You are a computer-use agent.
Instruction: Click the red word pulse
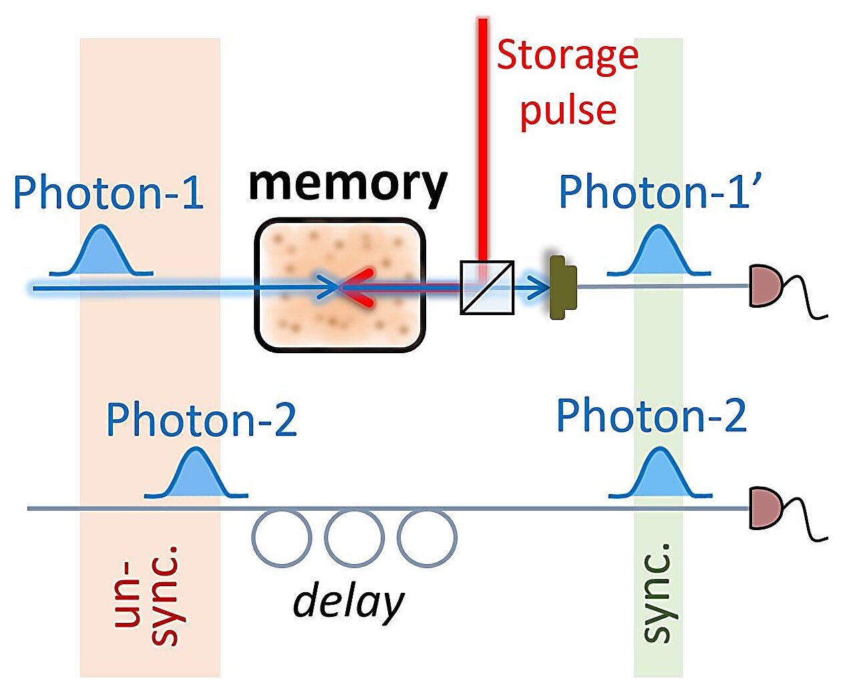click(568, 110)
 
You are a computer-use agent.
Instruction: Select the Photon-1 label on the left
click(108, 194)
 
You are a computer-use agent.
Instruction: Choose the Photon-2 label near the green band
click(651, 416)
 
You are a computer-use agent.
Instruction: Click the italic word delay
click(349, 602)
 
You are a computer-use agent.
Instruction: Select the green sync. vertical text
click(657, 594)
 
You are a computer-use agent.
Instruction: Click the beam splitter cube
click(487, 288)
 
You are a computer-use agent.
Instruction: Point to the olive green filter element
click(562, 287)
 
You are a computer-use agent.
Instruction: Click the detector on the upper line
click(765, 286)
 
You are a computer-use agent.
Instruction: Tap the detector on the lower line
click(765, 509)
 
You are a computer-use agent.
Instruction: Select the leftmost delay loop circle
click(282, 538)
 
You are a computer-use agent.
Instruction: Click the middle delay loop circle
click(354, 538)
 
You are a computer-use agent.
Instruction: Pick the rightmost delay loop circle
click(427, 538)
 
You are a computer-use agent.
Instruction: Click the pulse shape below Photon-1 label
click(102, 252)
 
